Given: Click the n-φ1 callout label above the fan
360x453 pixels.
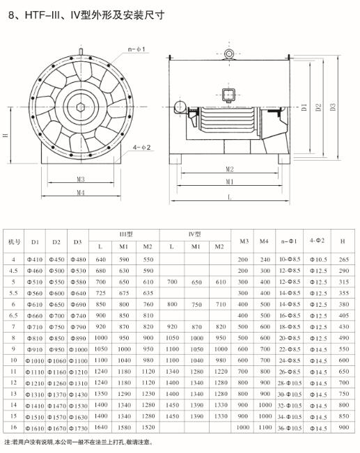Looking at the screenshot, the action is pos(136,49).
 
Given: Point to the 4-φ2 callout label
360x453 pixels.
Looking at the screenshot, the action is pos(141,148).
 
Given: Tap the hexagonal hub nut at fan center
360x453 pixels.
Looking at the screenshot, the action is pos(81,107).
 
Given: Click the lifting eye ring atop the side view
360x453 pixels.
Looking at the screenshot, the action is pos(229,54).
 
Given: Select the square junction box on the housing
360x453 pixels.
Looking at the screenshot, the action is pos(228,95).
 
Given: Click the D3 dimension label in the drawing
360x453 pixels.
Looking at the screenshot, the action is pos(333,107).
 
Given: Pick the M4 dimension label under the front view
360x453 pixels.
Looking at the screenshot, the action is pos(81,192).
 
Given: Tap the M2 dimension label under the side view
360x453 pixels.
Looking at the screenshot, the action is pos(230,169).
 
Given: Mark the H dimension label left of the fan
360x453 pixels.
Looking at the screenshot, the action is pos(6,135).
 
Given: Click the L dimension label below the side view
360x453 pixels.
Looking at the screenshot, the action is pos(230,198).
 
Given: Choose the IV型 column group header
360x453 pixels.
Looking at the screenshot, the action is pos(194,235).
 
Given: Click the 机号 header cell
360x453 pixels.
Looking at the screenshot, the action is pos(14,241).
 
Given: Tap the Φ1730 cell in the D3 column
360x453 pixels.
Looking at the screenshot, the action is pos(78,429).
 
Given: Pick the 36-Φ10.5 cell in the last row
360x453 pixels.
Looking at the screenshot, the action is pos(290,429).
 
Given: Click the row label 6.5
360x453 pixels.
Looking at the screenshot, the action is pos(13,315).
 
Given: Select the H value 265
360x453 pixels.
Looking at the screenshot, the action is pos(343,260).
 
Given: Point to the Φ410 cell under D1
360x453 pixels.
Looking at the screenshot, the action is pos(35,260).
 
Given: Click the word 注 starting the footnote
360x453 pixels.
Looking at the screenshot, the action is pos(7,442).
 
